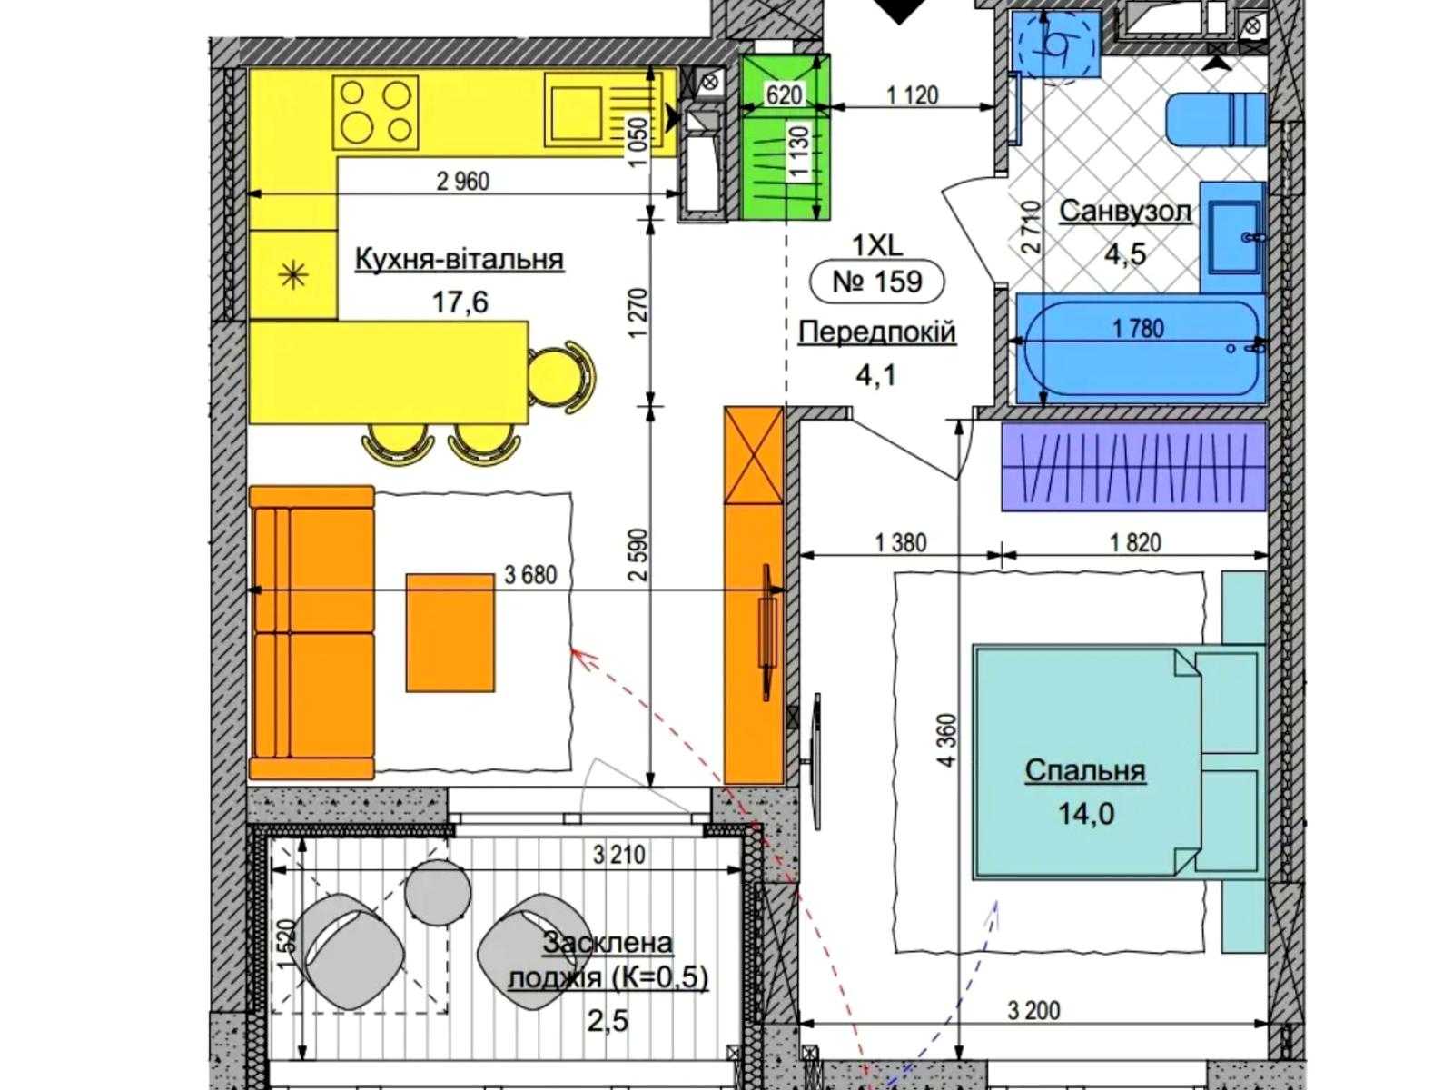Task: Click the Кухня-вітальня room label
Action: (460, 259)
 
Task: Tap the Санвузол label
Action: (1125, 211)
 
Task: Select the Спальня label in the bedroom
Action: (1085, 771)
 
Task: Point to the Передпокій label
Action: (877, 331)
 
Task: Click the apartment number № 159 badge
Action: (877, 282)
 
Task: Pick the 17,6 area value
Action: (460, 302)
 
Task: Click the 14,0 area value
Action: (1085, 813)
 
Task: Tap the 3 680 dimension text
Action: (530, 575)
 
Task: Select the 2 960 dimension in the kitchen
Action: (463, 181)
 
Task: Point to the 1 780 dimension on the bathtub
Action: (1138, 328)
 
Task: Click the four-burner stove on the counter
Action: (375, 112)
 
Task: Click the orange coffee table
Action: (450, 633)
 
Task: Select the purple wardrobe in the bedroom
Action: (1133, 467)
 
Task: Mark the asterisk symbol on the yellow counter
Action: (293, 274)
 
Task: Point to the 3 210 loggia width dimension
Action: (619, 855)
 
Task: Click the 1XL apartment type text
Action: (877, 246)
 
